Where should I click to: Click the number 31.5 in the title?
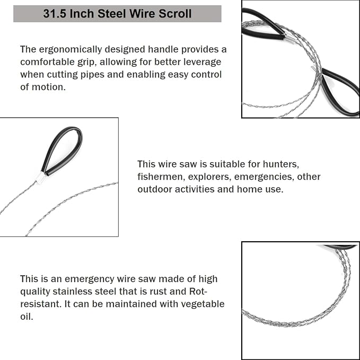55,14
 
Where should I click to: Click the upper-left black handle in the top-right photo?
262,24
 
